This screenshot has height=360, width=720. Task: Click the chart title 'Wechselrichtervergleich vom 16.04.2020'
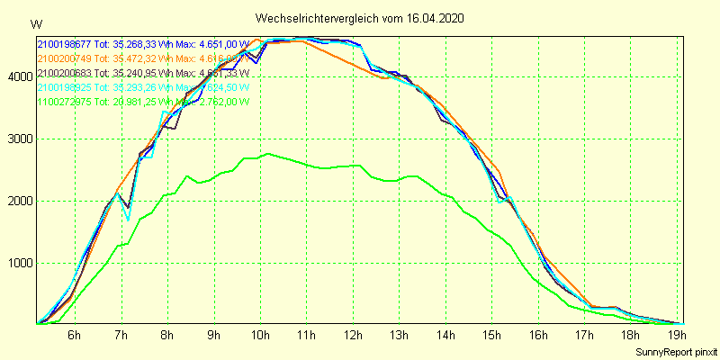pyautogui.click(x=360, y=18)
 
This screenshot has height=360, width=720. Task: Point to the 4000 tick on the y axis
pyautogui.click(x=18, y=77)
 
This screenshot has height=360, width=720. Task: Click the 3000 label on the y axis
pyautogui.click(x=18, y=139)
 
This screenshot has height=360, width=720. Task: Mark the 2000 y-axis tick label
pyautogui.click(x=18, y=202)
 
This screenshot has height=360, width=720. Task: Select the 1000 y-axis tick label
pyautogui.click(x=18, y=264)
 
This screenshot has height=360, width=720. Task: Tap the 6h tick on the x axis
pyautogui.click(x=75, y=337)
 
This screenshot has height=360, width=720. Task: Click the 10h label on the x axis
pyautogui.click(x=261, y=337)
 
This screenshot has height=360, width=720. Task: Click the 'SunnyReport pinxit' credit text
pyautogui.click(x=673, y=351)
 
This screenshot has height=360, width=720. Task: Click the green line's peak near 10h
pyautogui.click(x=268, y=155)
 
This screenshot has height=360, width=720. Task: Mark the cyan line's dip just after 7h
pyautogui.click(x=129, y=220)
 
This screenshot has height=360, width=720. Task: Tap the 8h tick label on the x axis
pyautogui.click(x=167, y=337)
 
